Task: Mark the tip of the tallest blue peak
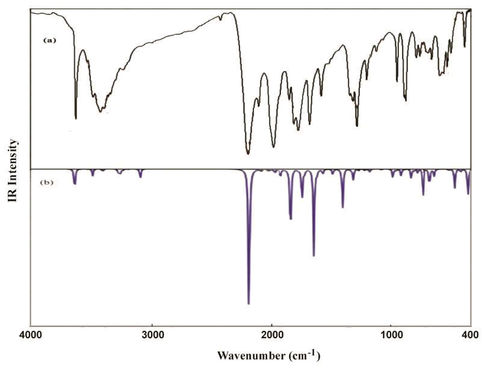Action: [x=249, y=304]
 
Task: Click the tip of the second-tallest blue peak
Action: [x=314, y=256]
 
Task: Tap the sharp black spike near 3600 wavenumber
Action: [x=75, y=118]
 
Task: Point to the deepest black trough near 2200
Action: [x=248, y=153]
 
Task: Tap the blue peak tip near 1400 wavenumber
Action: [x=342, y=207]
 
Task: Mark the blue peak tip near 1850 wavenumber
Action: [x=291, y=219]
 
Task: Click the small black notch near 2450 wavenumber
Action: [x=220, y=19]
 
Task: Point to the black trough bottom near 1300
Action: [x=357, y=125]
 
